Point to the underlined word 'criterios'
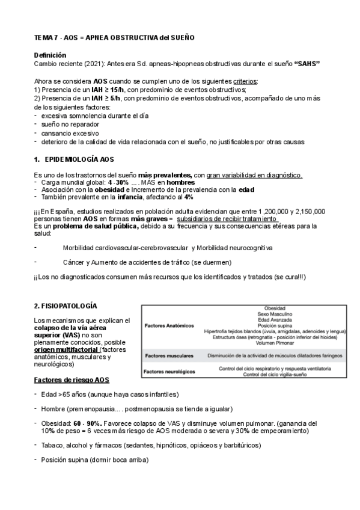[242, 81]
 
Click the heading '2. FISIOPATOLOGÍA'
[66, 306]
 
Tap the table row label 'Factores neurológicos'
[171, 372]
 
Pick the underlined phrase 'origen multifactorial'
[66, 349]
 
